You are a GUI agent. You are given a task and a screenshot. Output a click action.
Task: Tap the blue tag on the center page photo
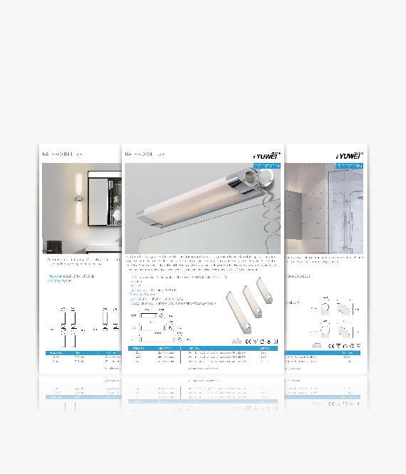267,166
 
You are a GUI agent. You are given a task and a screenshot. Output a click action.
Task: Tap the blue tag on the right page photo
349,166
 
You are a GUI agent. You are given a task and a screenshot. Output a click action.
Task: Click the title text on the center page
145,154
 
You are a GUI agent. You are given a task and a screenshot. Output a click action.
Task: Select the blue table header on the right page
323,352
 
